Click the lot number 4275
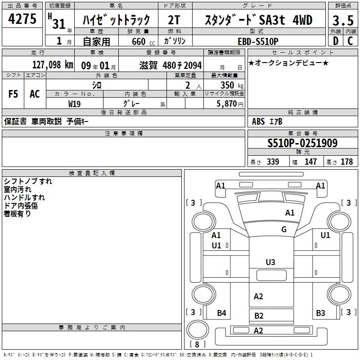[x=22, y=19]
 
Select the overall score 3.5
[x=343, y=20]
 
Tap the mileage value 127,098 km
[x=53, y=65]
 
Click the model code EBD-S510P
[x=258, y=41]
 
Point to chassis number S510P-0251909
[x=302, y=143]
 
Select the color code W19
[x=74, y=104]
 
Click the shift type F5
[x=13, y=94]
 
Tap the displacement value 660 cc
[x=143, y=41]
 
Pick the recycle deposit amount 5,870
[x=227, y=104]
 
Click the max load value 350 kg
[x=232, y=85]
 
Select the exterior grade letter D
[x=336, y=41]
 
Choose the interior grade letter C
[x=350, y=41]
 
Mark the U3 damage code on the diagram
[x=270, y=262]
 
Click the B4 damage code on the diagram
[x=221, y=313]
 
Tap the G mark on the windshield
[x=284, y=229]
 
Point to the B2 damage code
[x=259, y=316]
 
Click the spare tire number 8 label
[x=197, y=345]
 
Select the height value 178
[x=346, y=162]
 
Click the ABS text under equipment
[x=258, y=121]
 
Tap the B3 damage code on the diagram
[x=320, y=313]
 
